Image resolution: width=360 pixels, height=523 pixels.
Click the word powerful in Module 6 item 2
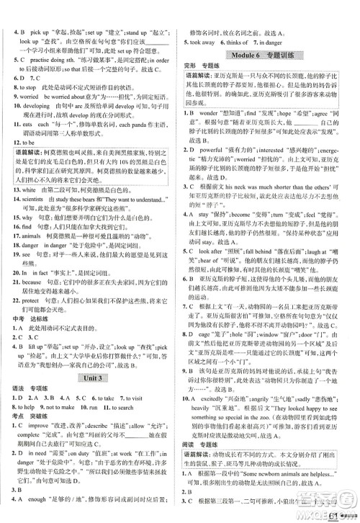220,149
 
